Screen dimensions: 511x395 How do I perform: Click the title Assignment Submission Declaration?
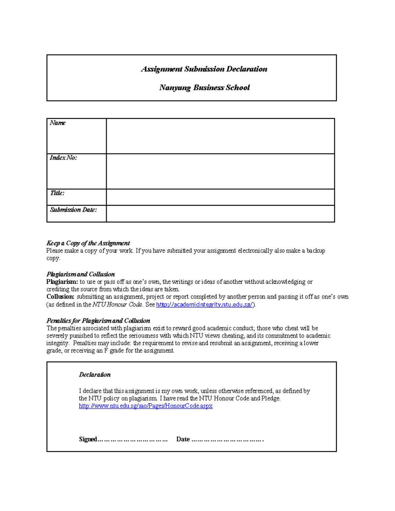click(x=204, y=69)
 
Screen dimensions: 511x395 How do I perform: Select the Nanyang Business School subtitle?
click(x=204, y=88)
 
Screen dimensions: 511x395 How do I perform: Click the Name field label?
click(x=58, y=123)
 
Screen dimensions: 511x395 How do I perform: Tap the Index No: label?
click(x=63, y=158)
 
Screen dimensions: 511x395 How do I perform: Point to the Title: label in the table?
click(x=57, y=193)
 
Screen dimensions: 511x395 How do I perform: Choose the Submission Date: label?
click(x=73, y=210)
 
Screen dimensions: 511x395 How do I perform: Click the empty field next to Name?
click(x=220, y=136)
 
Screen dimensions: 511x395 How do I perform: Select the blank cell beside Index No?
click(x=220, y=171)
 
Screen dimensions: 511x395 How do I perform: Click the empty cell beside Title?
click(x=220, y=197)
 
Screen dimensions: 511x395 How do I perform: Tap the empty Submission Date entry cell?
click(x=220, y=214)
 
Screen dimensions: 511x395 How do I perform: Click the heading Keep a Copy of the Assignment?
click(x=88, y=243)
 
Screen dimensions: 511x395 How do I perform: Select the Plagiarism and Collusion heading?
click(x=81, y=274)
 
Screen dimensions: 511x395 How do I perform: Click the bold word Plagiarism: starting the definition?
click(x=62, y=282)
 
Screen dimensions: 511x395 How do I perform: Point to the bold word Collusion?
click(x=61, y=297)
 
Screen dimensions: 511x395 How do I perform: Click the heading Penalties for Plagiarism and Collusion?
click(x=98, y=321)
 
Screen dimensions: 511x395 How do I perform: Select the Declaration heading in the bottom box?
click(x=95, y=375)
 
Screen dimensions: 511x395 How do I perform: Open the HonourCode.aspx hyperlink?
click(x=145, y=406)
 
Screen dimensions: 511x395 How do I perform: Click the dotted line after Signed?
click(x=133, y=440)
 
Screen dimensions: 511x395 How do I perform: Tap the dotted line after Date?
click(x=227, y=440)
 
